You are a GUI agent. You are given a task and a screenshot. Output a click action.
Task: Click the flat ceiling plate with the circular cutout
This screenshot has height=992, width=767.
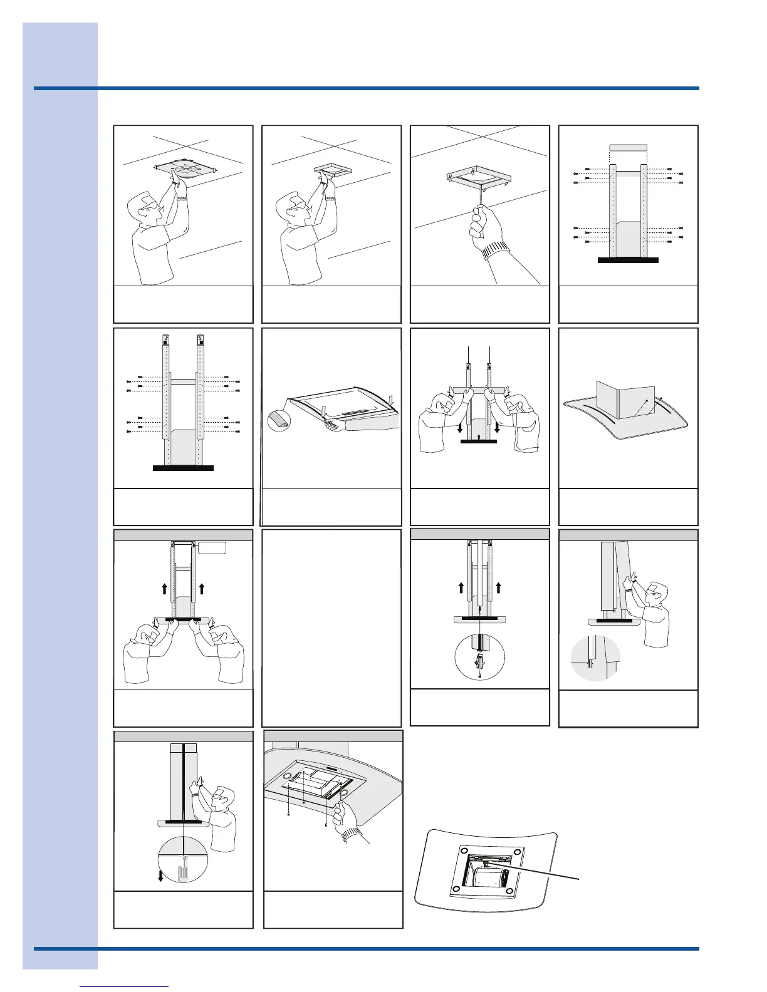(x=185, y=169)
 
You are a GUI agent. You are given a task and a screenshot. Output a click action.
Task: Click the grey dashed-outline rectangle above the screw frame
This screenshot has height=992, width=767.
(x=628, y=148)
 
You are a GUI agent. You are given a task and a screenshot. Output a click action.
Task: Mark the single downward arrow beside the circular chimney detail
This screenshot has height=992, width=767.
(x=160, y=875)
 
